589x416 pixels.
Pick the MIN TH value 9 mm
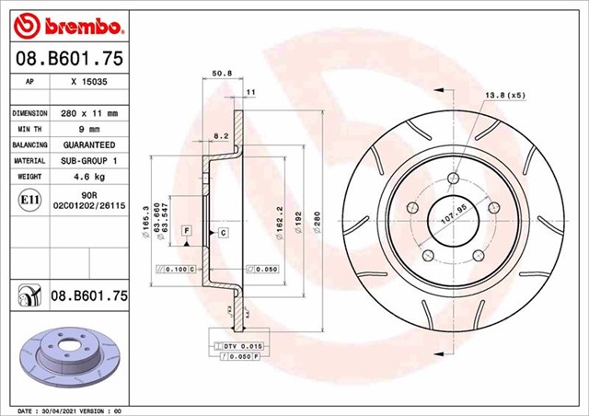(88, 129)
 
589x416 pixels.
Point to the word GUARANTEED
(88, 145)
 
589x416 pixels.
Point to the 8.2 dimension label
(221, 136)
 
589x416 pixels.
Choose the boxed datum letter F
(186, 228)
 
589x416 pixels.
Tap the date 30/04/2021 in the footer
(59, 409)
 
